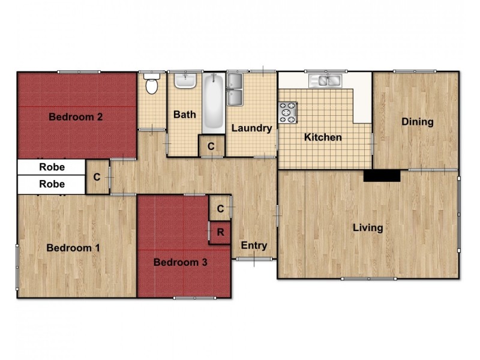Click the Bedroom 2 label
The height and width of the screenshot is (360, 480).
75,117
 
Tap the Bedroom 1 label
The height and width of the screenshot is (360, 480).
73,248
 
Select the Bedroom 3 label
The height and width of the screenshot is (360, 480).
181,262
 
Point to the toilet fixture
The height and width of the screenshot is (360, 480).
152,84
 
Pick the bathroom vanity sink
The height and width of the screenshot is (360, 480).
185,80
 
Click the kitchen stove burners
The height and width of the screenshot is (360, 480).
287,112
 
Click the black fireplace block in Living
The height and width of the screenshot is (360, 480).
382,175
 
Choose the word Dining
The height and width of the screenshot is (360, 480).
418,122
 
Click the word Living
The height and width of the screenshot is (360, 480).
368,228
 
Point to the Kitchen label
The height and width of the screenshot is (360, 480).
323,137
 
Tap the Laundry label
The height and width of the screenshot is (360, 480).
251,128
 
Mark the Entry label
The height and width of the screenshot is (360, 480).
254,245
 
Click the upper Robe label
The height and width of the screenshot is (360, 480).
52,167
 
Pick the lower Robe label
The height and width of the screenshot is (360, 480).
52,184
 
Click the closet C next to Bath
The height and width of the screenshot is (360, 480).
211,146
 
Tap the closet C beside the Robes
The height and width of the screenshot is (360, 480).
97,177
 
